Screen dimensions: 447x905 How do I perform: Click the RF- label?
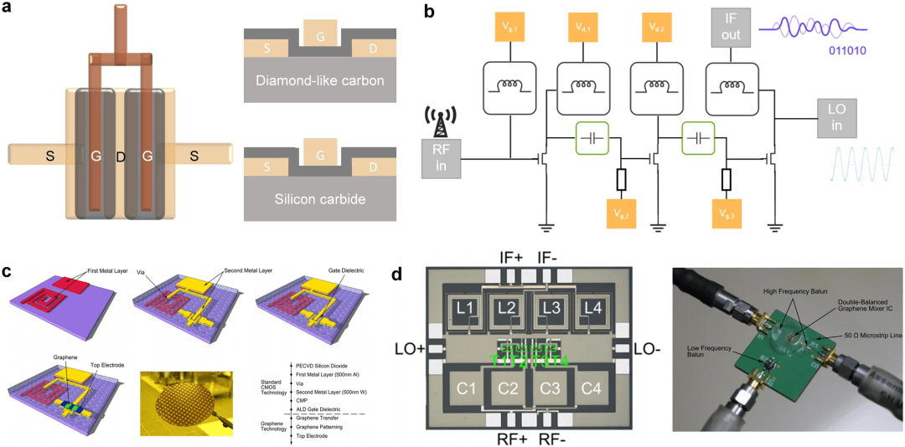(557, 437)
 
